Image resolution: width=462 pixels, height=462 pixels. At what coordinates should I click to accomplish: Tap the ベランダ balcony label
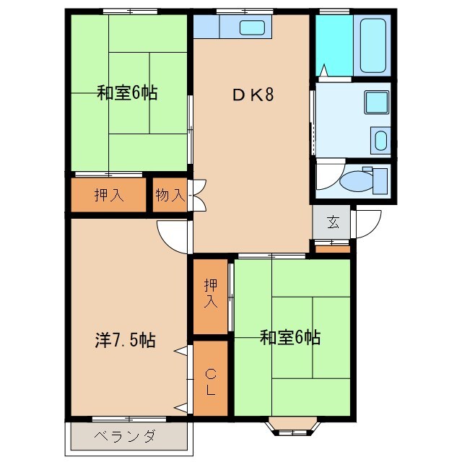coord(125,436)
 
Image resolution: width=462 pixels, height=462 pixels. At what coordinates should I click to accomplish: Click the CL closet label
coord(210,381)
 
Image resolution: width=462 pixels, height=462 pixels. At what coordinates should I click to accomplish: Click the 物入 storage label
coord(170,195)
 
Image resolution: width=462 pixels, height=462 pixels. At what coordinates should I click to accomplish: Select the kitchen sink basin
coord(252,28)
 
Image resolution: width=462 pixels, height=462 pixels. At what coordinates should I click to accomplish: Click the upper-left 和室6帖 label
coord(127,93)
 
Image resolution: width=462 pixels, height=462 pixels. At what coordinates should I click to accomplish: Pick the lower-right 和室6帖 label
coord(290,336)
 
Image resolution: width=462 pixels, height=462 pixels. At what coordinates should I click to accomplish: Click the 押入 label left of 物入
coord(108,195)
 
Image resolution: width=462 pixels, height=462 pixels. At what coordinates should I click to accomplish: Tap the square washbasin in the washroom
coord(375,101)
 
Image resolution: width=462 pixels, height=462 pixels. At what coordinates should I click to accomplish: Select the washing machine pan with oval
coord(380,138)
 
